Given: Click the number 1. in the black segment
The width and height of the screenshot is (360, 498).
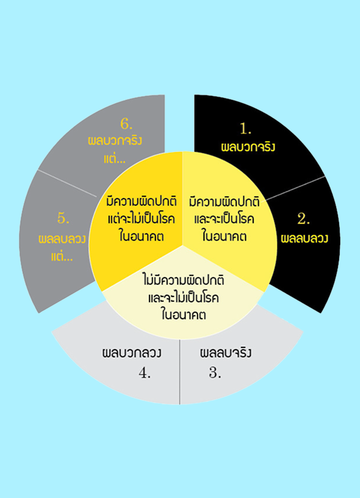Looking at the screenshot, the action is pyautogui.click(x=245, y=128).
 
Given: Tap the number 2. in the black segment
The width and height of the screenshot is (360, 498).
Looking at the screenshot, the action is pyautogui.click(x=304, y=219).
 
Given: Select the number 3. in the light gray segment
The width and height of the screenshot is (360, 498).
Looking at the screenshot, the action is pyautogui.click(x=215, y=373).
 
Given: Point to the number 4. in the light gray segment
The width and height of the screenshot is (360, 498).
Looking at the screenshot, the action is pyautogui.click(x=145, y=373).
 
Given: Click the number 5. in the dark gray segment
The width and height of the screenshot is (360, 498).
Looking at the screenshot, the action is pyautogui.click(x=63, y=218).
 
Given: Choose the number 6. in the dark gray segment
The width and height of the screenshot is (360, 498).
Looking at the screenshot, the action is pyautogui.click(x=127, y=124).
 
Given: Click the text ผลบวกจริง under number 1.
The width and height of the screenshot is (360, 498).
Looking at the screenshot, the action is pyautogui.click(x=248, y=147).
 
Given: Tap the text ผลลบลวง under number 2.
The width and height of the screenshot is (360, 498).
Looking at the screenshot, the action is pyautogui.click(x=304, y=238).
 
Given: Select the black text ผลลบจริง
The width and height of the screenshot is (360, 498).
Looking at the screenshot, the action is pyautogui.click(x=226, y=353).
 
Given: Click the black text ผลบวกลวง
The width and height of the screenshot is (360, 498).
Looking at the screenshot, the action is pyautogui.click(x=131, y=353).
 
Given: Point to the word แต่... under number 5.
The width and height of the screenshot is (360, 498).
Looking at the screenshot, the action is pyautogui.click(x=62, y=256).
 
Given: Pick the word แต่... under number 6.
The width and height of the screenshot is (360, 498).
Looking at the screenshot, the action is pyautogui.click(x=115, y=158).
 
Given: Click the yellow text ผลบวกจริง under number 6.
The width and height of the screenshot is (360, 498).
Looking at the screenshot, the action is pyautogui.click(x=115, y=140).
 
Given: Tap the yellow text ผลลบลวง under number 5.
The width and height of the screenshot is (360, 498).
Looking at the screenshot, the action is pyautogui.click(x=62, y=239).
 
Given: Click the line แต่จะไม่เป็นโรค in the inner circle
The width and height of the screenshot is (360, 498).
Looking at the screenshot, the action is pyautogui.click(x=142, y=219).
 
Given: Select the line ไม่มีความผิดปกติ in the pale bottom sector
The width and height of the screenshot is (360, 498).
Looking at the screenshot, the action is pyautogui.click(x=184, y=280).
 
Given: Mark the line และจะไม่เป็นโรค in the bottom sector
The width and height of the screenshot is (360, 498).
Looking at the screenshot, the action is pyautogui.click(x=184, y=298).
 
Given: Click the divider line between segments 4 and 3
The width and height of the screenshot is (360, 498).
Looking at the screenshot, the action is pyautogui.click(x=180, y=372).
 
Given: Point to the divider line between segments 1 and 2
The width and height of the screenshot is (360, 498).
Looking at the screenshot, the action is pyautogui.click(x=295, y=188).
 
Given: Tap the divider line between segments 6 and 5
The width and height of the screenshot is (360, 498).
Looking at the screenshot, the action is pyautogui.click(x=67, y=183).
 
